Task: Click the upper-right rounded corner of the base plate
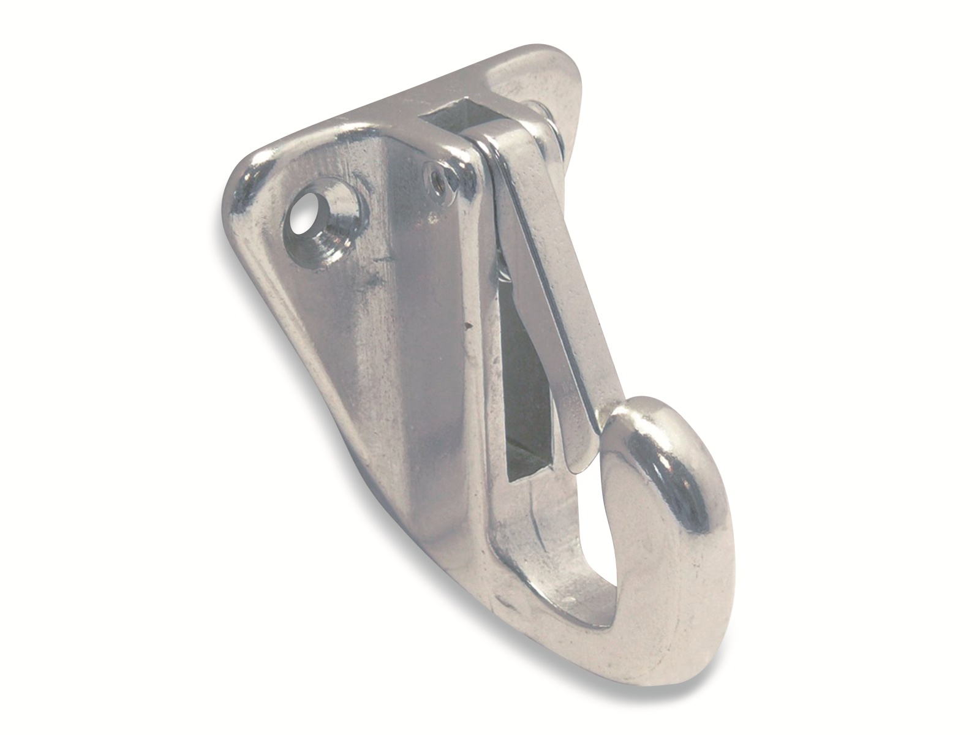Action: [x=551, y=61]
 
